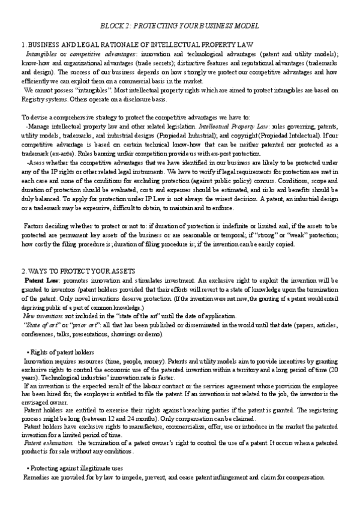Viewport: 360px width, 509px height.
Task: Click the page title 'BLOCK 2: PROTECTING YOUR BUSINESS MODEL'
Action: point(178,26)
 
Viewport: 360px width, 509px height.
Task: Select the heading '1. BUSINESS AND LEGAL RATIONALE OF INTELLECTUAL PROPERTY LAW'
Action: point(137,45)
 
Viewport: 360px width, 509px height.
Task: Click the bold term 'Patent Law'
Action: point(42,280)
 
